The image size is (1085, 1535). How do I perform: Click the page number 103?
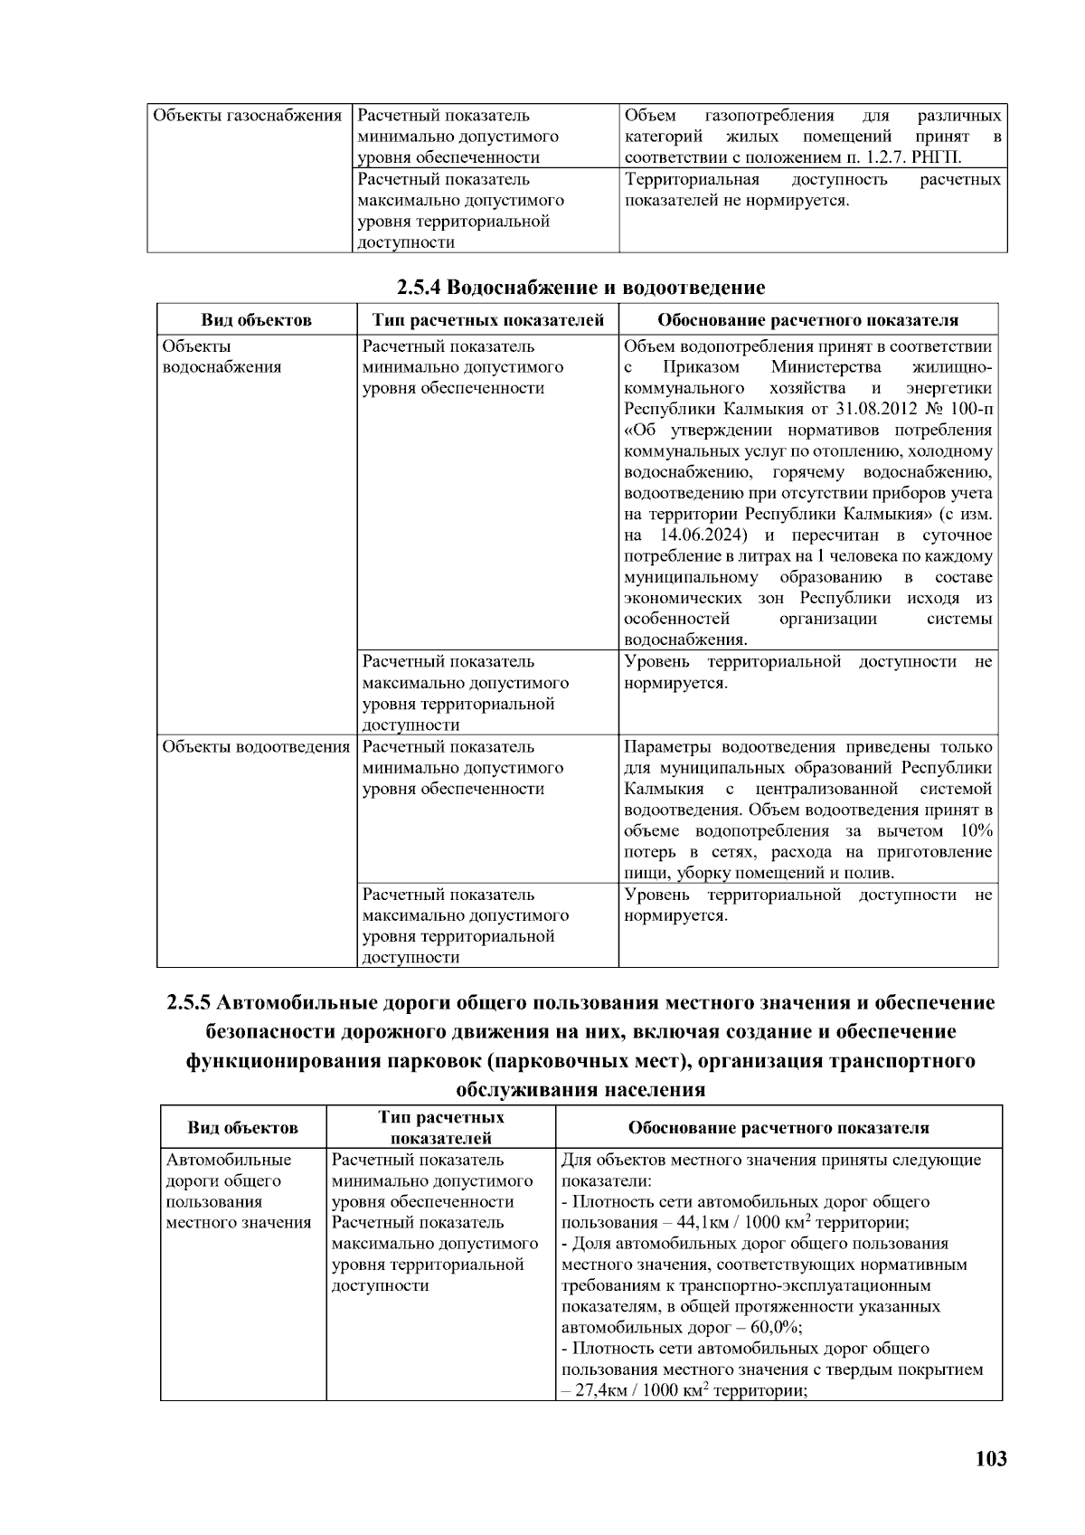tap(991, 1458)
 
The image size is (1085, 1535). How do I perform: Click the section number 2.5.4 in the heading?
tap(420, 289)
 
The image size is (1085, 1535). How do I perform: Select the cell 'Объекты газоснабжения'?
tap(247, 116)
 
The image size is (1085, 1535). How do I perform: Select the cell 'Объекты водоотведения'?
tap(256, 747)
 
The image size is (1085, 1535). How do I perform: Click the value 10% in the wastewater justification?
tap(975, 831)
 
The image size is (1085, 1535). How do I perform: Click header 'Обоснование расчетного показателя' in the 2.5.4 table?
tap(807, 320)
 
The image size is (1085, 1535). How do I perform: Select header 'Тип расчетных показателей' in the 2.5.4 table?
tap(488, 320)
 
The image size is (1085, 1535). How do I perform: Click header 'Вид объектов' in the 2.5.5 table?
tap(242, 1128)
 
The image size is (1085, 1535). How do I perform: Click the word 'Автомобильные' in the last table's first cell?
tap(228, 1160)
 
